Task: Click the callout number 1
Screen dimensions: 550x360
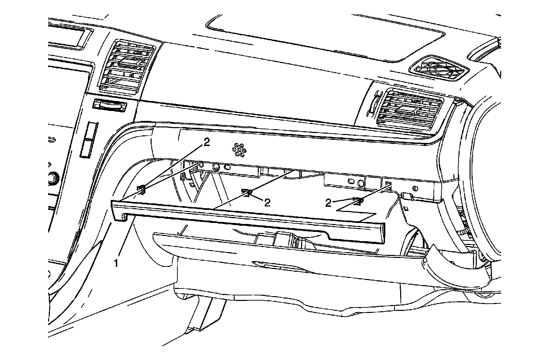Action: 117,263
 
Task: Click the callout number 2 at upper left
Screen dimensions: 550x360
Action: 206,143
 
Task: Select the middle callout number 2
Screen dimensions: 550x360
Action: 267,203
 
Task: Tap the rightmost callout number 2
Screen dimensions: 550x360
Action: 328,203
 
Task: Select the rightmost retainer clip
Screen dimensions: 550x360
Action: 358,201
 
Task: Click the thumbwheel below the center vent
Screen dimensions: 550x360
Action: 109,105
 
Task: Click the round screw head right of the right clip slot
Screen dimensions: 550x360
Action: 415,189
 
